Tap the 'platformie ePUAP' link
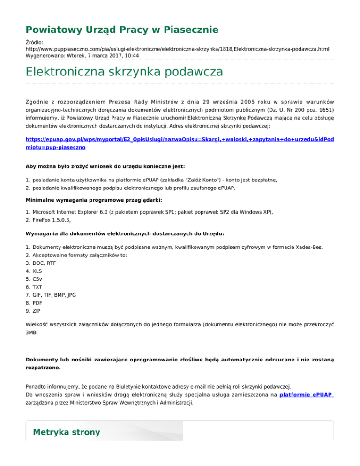(x=306, y=395)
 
